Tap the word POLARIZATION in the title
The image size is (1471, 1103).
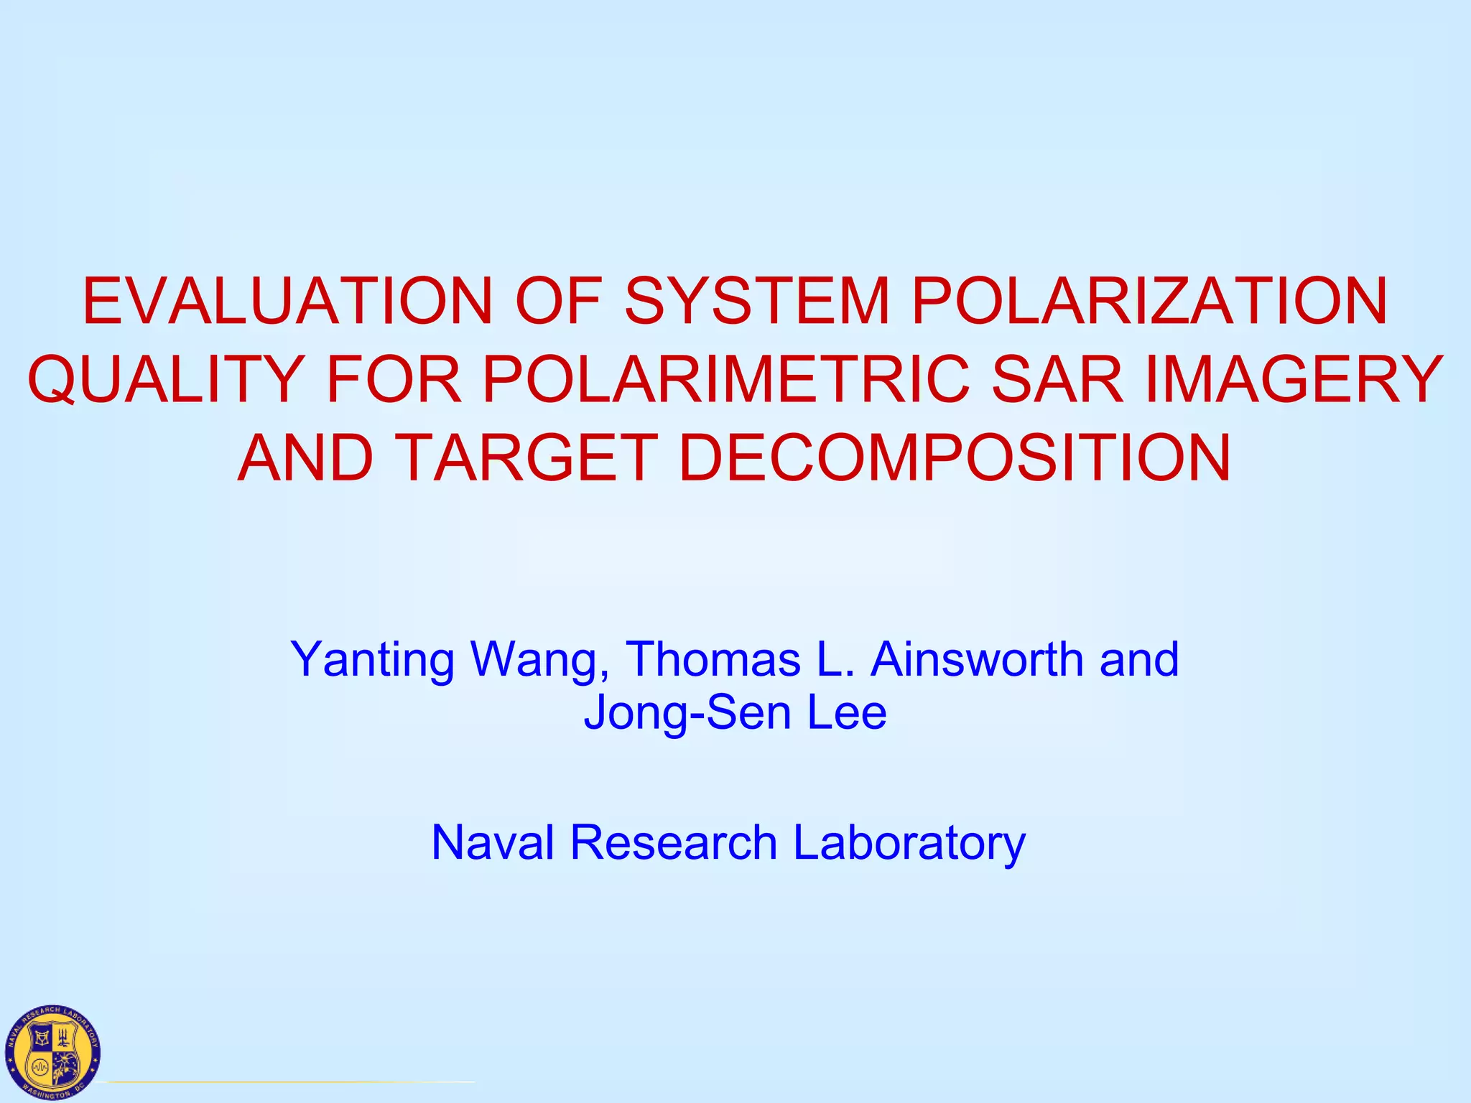tap(1149, 301)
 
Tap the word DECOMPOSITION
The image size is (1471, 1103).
tap(955, 457)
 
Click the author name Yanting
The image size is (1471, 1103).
tap(372, 659)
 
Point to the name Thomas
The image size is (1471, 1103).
tap(713, 658)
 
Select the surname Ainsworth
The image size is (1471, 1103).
tap(977, 658)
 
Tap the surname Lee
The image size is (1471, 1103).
tap(847, 712)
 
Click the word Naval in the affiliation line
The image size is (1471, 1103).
tap(493, 842)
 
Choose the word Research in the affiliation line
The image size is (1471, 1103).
tap(674, 842)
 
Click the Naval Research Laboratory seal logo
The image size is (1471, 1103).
tap(52, 1051)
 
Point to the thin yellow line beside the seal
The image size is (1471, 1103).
tap(287, 1081)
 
